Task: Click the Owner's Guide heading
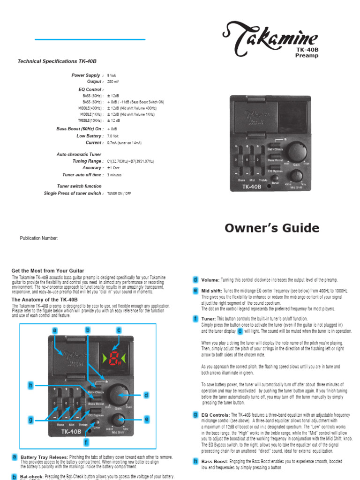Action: click(x=272, y=228)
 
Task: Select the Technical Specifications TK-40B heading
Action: click(x=57, y=61)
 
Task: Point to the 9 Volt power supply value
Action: click(x=112, y=75)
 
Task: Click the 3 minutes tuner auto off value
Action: click(x=114, y=175)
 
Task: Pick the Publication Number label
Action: click(x=38, y=238)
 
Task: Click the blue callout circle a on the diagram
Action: click(x=55, y=330)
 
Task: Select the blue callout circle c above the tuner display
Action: click(x=119, y=330)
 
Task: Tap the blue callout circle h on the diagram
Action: click(x=31, y=385)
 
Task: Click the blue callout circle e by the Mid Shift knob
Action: click(x=146, y=419)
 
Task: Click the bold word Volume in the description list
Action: click(x=210, y=280)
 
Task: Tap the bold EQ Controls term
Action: click(x=215, y=415)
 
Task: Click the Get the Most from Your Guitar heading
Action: click(x=48, y=271)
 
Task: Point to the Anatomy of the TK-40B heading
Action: click(x=45, y=300)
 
